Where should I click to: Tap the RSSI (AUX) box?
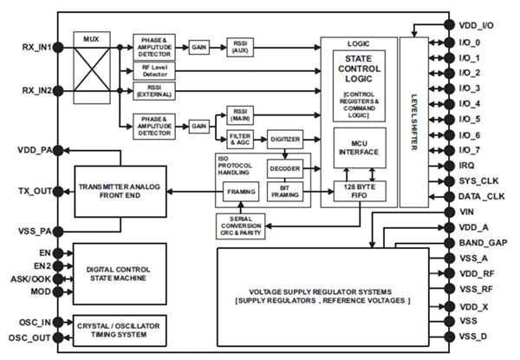[239, 45]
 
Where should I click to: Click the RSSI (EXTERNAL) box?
[156, 89]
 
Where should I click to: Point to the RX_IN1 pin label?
[33, 49]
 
